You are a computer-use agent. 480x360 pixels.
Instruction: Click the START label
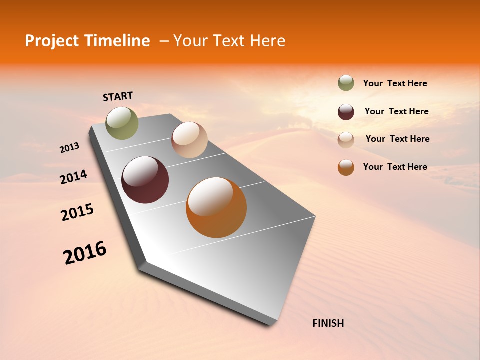pyautogui.click(x=118, y=96)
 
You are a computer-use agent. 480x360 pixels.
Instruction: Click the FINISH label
pyautogui.click(x=328, y=323)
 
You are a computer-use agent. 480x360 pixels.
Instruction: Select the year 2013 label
pyautogui.click(x=69, y=148)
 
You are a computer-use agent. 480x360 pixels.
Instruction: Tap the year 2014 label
pyautogui.click(x=73, y=177)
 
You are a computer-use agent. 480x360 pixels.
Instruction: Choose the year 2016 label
pyautogui.click(x=85, y=253)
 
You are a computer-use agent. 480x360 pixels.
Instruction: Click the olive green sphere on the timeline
pyautogui.click(x=122, y=123)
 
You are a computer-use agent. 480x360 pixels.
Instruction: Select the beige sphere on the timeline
pyautogui.click(x=189, y=140)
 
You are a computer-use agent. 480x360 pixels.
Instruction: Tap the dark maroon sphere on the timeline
pyautogui.click(x=145, y=180)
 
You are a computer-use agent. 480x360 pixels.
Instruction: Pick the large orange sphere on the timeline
pyautogui.click(x=216, y=207)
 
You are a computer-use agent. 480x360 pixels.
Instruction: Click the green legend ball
pyautogui.click(x=346, y=83)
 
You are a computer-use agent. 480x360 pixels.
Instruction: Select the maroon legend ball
pyautogui.click(x=346, y=112)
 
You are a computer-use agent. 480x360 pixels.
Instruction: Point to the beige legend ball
pyautogui.click(x=346, y=139)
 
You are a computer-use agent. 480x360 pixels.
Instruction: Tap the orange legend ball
pyautogui.click(x=346, y=167)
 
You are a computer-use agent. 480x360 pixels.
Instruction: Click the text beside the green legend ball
pyautogui.click(x=395, y=84)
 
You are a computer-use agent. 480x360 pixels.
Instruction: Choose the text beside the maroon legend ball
pyautogui.click(x=396, y=111)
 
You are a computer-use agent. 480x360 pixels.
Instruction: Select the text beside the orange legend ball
pyautogui.click(x=395, y=167)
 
